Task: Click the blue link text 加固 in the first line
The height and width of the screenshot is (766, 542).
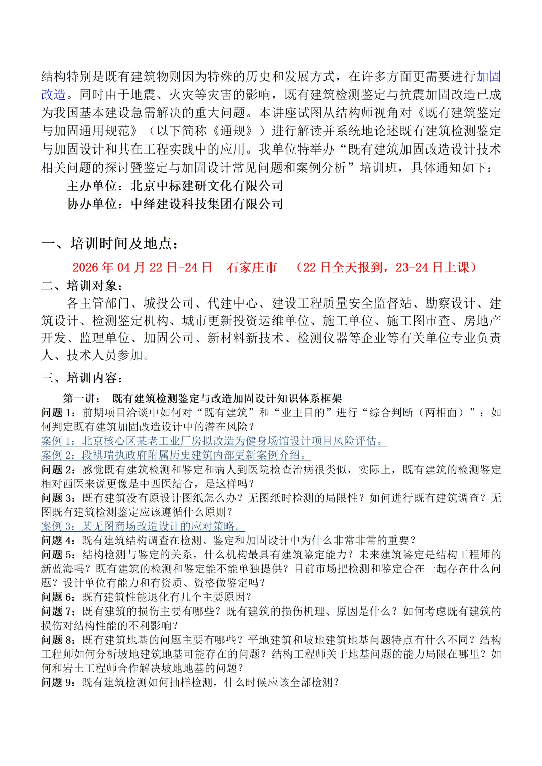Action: coord(488,76)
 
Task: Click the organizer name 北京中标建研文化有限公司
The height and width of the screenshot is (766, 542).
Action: coord(207,186)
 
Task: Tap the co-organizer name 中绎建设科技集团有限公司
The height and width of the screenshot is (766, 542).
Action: coord(207,204)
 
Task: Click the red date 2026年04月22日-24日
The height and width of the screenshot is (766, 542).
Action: coord(142,267)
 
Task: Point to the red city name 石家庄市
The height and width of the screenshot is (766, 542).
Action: coord(251,267)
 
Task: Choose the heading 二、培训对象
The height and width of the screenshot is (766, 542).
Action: coord(82,286)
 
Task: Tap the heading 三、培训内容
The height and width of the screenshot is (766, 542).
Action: coord(82,378)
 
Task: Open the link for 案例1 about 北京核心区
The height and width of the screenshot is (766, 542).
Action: coord(214,441)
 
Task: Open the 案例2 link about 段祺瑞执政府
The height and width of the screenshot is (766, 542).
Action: coord(176,455)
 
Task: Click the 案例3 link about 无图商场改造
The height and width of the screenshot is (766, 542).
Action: coord(143,526)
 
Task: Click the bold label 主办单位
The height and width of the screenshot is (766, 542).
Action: coord(95,186)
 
